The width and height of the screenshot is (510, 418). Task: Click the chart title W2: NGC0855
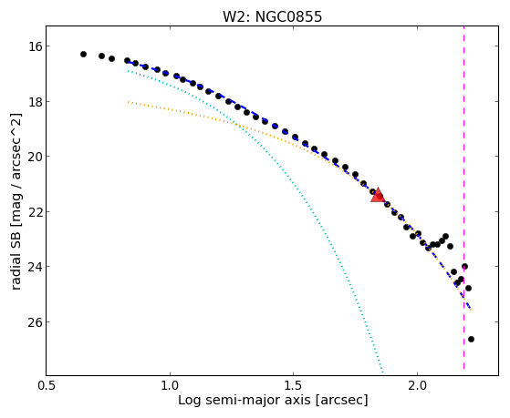point(272,17)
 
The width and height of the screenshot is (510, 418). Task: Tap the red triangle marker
point(378,195)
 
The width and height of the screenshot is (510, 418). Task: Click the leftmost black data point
point(83,54)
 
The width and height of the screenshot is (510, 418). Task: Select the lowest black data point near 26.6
point(471,339)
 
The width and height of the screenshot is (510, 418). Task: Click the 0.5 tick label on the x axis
point(47,385)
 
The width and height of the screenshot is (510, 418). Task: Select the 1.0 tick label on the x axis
point(170,385)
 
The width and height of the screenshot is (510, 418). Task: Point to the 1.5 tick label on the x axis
point(294,385)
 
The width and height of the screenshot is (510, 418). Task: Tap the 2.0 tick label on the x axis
point(417,385)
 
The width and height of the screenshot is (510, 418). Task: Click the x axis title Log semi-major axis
point(244,401)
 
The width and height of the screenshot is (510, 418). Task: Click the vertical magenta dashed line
point(463,198)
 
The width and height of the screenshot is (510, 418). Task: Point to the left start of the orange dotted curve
point(128,102)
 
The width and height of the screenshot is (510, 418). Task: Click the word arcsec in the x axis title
point(340,401)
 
